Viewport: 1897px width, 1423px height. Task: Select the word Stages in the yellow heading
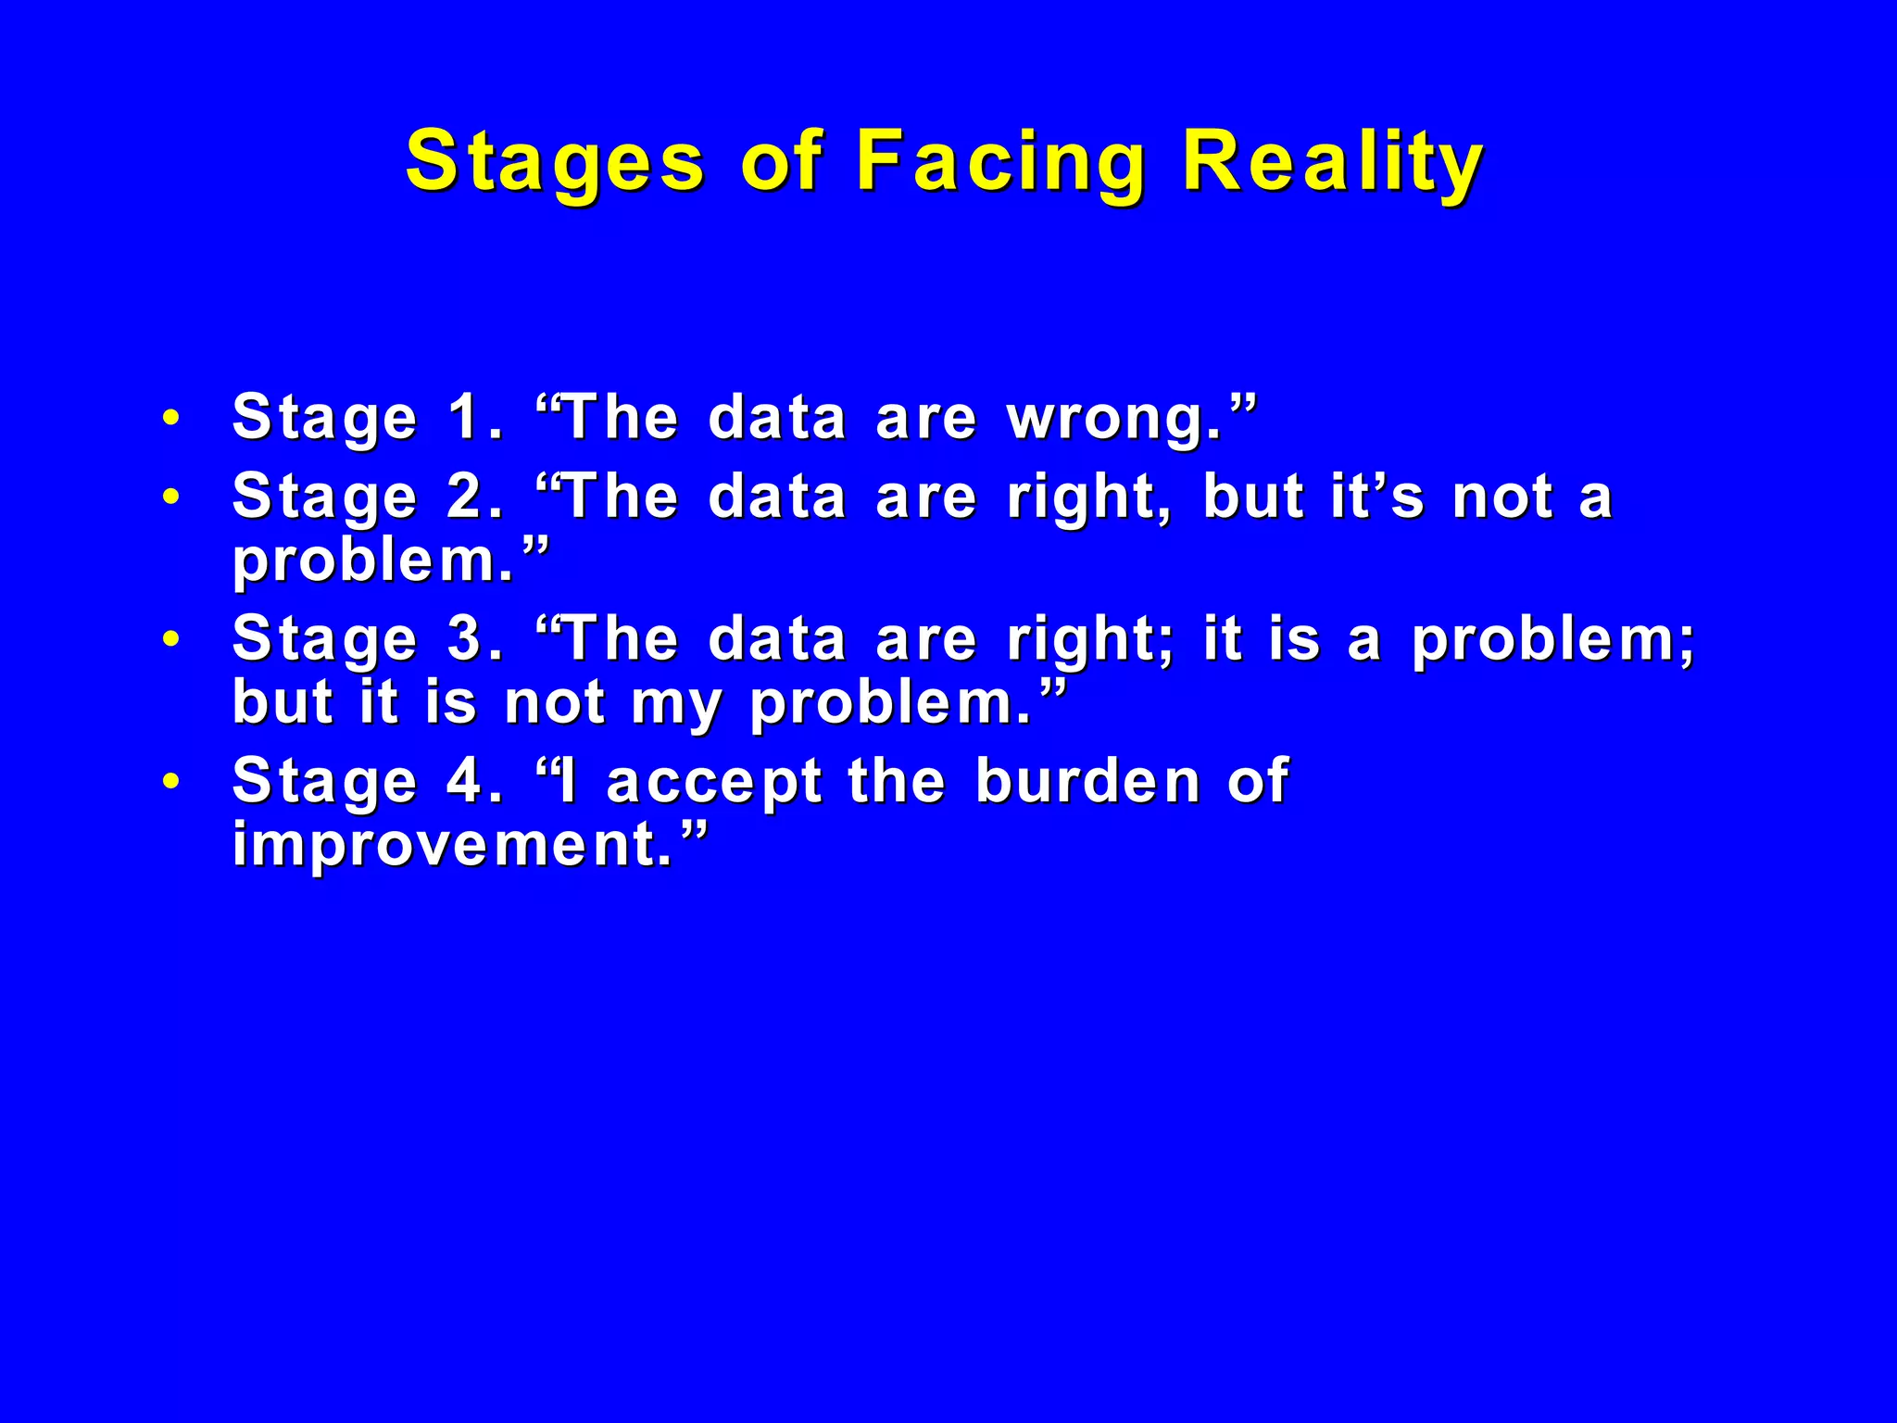point(556,162)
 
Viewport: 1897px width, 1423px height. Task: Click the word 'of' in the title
point(781,162)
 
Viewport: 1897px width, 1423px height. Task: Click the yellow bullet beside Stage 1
point(170,418)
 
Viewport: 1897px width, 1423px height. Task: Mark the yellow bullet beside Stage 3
point(170,639)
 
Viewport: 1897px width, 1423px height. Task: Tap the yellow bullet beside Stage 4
point(170,781)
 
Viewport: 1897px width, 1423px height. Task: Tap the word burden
point(1088,781)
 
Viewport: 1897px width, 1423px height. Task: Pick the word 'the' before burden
point(897,781)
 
